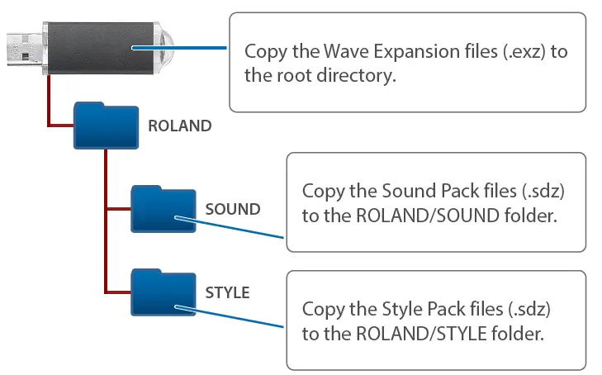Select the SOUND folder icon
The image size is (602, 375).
(160, 209)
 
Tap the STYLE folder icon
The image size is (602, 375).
(160, 292)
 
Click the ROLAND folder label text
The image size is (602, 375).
(179, 126)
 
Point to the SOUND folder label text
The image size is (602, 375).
(232, 209)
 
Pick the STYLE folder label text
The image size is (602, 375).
(227, 292)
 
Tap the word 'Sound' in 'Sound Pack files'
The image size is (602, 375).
(392, 192)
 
